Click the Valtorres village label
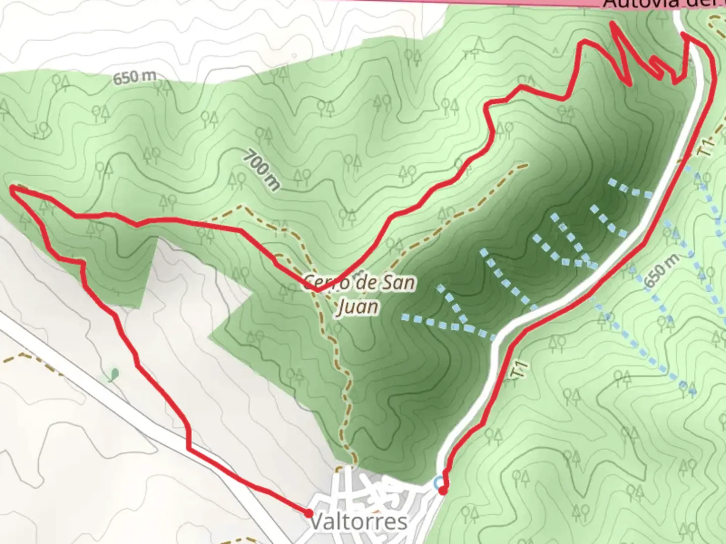358,522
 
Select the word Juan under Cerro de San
357,306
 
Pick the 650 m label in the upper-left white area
134,78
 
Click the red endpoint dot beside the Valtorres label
308,513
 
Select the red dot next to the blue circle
443,490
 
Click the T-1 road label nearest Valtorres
519,371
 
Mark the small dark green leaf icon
114,374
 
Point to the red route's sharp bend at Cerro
320,291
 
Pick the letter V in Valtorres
316,522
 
